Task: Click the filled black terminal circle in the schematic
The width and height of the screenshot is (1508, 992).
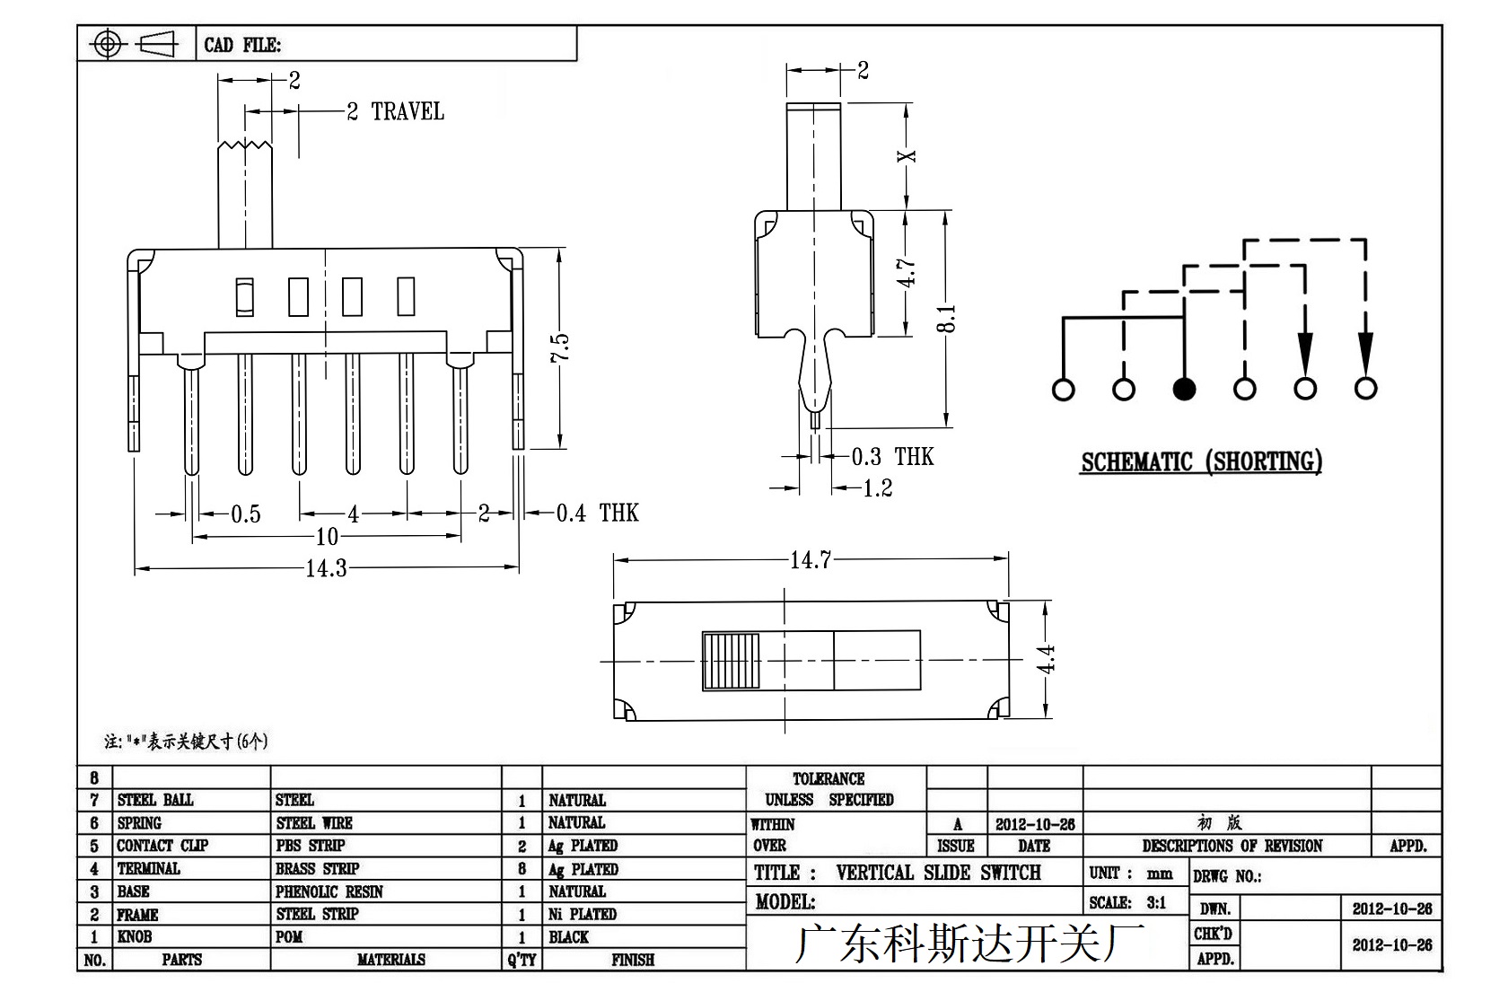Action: click(1183, 390)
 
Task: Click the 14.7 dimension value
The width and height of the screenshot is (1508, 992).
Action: click(811, 559)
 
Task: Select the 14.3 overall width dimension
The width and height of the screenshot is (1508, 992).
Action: click(327, 568)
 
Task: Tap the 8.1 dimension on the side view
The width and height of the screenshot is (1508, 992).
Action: click(946, 319)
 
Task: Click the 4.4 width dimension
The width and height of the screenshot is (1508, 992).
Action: click(1046, 659)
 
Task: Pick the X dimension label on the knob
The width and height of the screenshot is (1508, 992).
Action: click(907, 156)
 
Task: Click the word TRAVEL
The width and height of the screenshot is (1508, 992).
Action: click(408, 112)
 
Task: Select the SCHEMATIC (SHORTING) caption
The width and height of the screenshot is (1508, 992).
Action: click(1202, 462)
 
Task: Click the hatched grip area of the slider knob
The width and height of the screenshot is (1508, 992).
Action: click(731, 662)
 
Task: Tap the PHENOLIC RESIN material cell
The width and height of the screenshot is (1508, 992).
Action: click(329, 891)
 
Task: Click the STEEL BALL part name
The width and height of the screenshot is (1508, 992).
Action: click(155, 800)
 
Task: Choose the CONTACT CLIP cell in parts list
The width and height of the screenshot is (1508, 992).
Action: click(163, 846)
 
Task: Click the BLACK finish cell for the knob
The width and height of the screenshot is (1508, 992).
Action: click(569, 937)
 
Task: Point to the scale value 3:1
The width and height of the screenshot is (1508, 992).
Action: click(1156, 902)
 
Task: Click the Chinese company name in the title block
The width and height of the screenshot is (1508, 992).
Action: click(969, 943)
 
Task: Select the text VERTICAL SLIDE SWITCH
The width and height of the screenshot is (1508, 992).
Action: click(939, 873)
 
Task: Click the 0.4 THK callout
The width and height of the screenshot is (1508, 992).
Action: click(597, 514)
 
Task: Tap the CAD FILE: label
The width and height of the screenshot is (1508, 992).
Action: click(243, 45)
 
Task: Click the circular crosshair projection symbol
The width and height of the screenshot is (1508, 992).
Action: click(107, 45)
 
